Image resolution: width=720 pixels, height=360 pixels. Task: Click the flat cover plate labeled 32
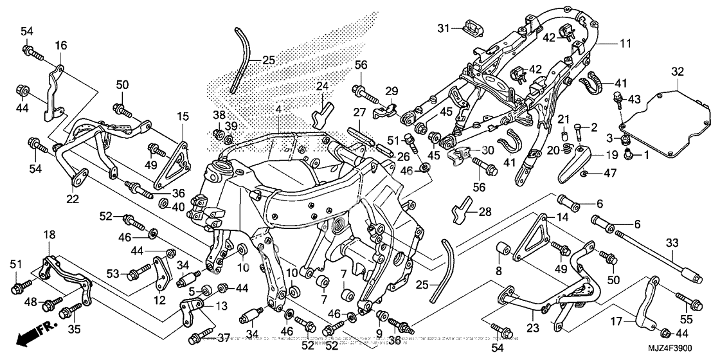[669, 122]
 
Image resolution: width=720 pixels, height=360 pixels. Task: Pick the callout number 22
[73, 199]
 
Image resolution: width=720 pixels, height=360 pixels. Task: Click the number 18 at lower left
[50, 237]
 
